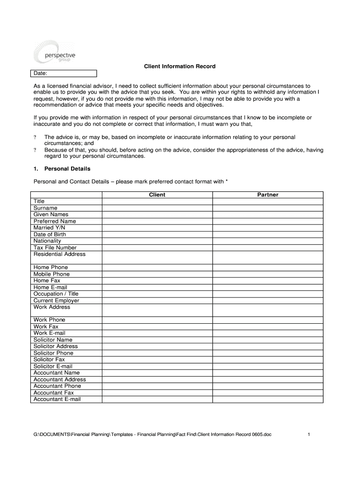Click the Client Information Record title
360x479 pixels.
[x=180, y=66]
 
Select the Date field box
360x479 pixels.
[x=64, y=73]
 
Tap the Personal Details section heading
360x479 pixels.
[x=62, y=168]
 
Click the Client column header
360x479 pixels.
[x=157, y=195]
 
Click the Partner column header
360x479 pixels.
[x=267, y=195]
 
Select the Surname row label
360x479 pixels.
[x=45, y=208]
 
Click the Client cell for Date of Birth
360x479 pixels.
[x=157, y=234]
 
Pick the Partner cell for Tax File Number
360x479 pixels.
[x=267, y=247]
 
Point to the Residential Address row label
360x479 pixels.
[x=59, y=254]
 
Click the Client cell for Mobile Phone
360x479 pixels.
[x=157, y=274]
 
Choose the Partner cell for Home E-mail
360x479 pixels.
[x=267, y=287]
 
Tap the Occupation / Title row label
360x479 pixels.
[x=56, y=294]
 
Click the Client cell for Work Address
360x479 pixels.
[x=157, y=310]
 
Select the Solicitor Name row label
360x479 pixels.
[x=53, y=340]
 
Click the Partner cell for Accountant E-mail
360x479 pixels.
[x=267, y=399]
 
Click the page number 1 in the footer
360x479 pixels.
[x=309, y=435]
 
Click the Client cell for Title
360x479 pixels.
[x=157, y=201]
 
